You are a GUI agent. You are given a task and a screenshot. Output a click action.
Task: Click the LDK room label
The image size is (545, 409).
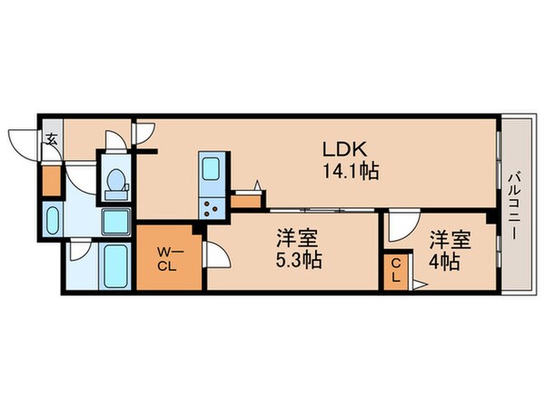coord(345,150)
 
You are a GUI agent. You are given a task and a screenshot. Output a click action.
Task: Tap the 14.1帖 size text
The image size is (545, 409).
coord(351,171)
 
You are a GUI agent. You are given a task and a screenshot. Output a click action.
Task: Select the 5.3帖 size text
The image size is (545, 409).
coord(299,260)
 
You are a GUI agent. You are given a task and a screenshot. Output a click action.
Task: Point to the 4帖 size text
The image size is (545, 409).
coord(444,262)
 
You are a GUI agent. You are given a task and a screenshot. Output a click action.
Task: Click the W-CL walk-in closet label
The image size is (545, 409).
coord(167,259)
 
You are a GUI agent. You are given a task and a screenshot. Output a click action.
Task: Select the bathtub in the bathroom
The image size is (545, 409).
coord(115,266)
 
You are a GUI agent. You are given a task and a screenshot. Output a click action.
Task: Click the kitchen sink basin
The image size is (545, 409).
coord(211,168)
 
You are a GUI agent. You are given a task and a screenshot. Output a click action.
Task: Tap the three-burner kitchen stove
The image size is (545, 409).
coord(211,208)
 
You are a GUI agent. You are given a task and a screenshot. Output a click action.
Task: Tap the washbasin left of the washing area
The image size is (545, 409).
coord(53,221)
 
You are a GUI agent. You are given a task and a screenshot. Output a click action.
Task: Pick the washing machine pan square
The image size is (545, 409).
coord(116,221)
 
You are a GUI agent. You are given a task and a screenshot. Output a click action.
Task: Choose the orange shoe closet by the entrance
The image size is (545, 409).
coord(51,181)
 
